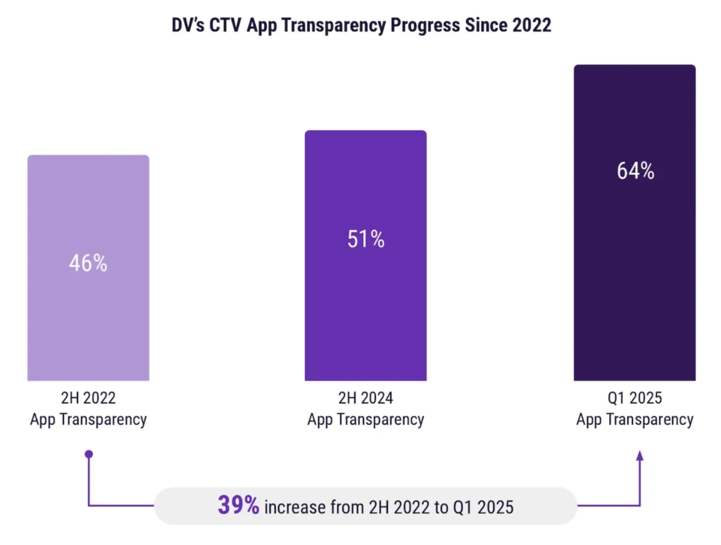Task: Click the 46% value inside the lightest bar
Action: pos(88,263)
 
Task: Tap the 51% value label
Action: pos(365,239)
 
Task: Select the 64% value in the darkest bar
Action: pos(635,171)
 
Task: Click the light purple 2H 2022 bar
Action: pos(88,324)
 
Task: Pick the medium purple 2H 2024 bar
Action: pos(365,317)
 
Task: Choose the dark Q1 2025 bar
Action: pos(634,282)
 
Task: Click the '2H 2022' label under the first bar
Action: pos(88,398)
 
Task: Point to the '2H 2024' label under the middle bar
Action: pos(365,398)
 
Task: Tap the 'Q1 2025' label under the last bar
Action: pos(634,398)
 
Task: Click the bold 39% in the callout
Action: pos(239,506)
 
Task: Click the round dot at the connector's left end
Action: pos(89,455)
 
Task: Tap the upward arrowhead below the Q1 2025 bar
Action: pos(639,457)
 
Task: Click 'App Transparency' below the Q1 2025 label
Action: pos(634,420)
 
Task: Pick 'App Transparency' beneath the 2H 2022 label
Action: pos(88,420)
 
